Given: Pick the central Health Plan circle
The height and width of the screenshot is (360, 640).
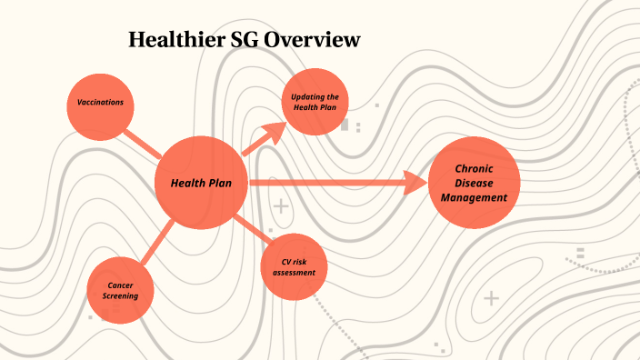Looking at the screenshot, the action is pos(201,183).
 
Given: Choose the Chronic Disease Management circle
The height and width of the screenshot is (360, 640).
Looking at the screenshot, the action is pos(474,183).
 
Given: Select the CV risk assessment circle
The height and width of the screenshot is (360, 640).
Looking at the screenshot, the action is pos(294,267).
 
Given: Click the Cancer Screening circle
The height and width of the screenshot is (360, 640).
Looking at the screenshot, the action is pos(120,290).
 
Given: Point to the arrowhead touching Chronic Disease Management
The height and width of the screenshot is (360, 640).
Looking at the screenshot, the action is pos(416,183).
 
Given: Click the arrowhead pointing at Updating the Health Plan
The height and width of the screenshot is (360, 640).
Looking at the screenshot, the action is pos(273,133).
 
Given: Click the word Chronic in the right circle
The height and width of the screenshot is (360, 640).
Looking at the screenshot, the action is pos(474,168).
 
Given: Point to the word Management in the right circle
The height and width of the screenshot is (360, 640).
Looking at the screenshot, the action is pos(474,197).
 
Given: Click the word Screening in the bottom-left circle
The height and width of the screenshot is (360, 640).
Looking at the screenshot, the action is pos(120,296).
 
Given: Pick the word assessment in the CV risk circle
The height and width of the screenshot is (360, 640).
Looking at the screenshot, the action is pos(294,273).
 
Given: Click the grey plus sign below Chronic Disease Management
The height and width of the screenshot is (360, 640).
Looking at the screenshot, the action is pos(492,297).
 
